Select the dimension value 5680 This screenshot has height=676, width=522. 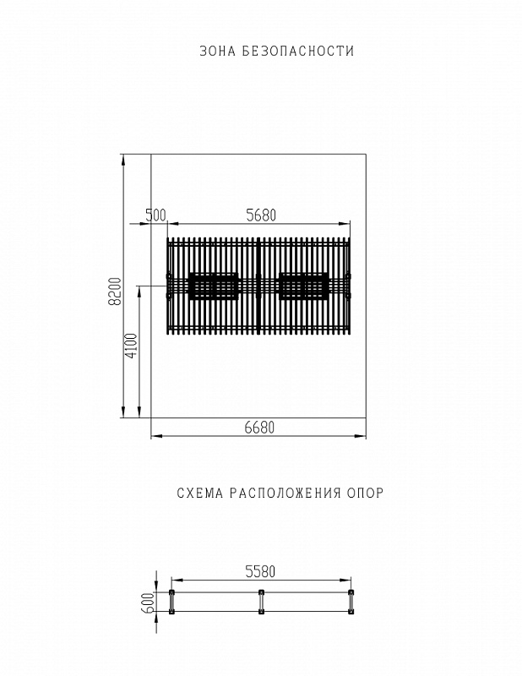(261, 215)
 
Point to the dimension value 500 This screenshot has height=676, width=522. (155, 215)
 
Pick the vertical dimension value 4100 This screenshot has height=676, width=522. (130, 346)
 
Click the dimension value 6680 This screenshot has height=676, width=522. (259, 428)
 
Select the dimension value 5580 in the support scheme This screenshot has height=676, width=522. (261, 572)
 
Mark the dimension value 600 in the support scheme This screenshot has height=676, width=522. (149, 602)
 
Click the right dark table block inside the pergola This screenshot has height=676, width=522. (303, 286)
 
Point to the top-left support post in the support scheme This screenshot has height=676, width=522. (171, 592)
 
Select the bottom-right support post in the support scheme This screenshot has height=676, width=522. (351, 613)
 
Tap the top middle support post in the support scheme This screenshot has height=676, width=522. (261, 592)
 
